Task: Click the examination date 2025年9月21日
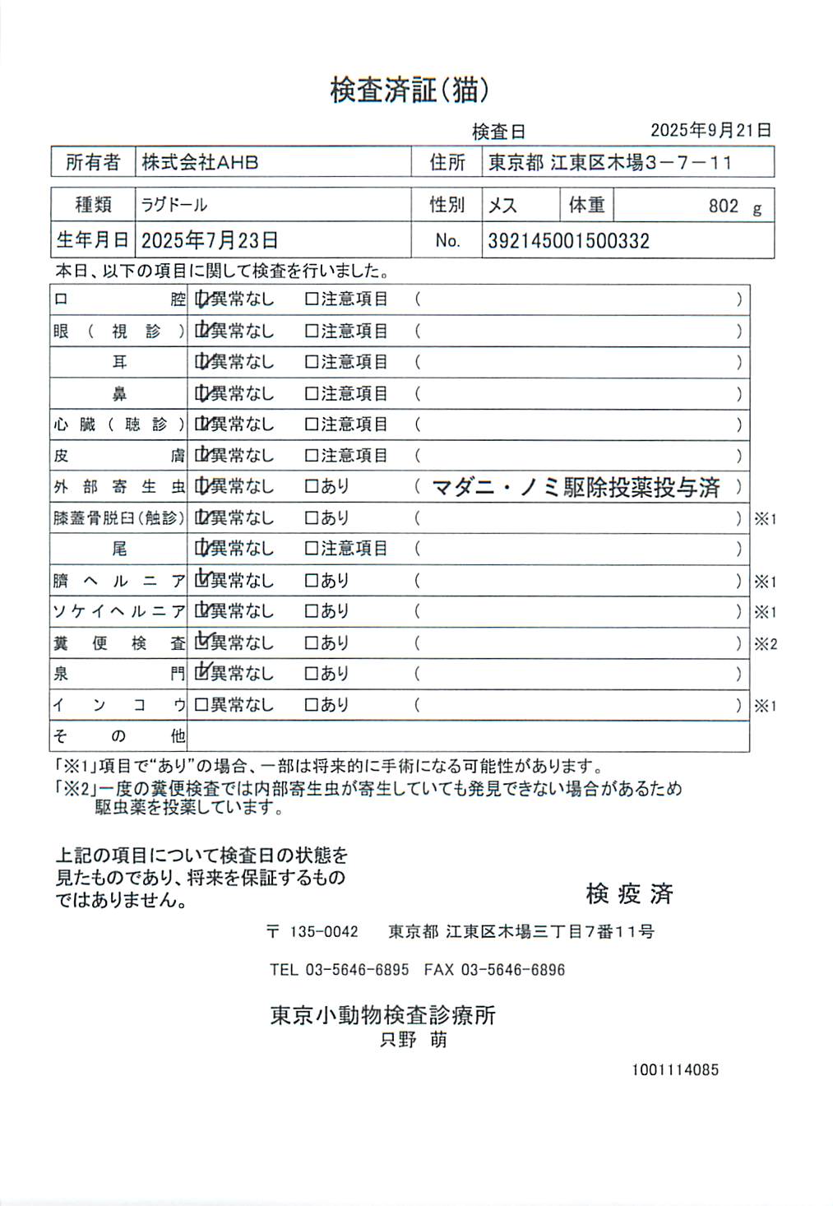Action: click(710, 130)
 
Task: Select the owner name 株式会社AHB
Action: click(200, 162)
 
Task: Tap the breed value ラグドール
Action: click(174, 205)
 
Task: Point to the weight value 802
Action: click(723, 206)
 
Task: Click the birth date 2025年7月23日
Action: click(209, 240)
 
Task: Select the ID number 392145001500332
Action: click(568, 241)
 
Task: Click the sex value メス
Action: click(502, 205)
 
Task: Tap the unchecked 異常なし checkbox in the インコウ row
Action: click(201, 705)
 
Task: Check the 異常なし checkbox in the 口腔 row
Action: click(201, 299)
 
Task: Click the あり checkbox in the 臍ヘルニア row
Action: click(312, 581)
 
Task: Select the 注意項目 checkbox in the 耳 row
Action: click(312, 362)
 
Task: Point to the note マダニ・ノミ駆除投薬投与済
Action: click(576, 487)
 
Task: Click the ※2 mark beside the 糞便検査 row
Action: click(766, 644)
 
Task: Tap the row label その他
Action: click(119, 736)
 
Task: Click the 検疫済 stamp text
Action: click(629, 893)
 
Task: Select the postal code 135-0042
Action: click(324, 932)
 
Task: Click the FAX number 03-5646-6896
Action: click(512, 970)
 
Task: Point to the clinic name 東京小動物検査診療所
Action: click(383, 1015)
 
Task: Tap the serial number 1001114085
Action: click(674, 1070)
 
